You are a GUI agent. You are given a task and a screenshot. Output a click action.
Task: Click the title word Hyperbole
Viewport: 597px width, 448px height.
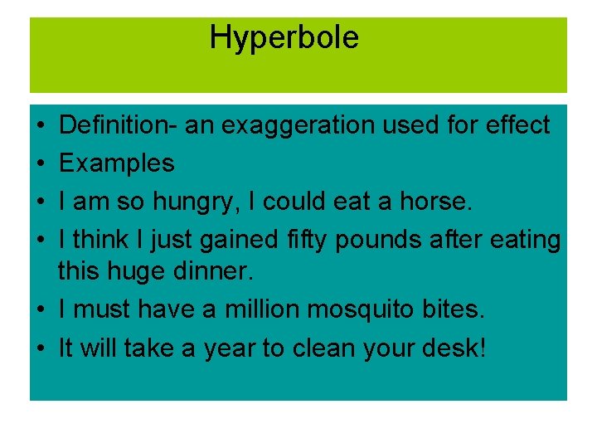tap(284, 38)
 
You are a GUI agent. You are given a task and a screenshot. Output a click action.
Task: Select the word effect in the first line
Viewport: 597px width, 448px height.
tap(515, 125)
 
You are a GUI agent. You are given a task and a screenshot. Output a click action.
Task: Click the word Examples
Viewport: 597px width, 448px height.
tap(117, 163)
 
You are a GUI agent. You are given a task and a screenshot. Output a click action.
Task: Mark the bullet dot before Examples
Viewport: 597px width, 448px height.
tap(41, 164)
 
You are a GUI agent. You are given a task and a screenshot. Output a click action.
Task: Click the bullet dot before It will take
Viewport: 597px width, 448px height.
tap(41, 348)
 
